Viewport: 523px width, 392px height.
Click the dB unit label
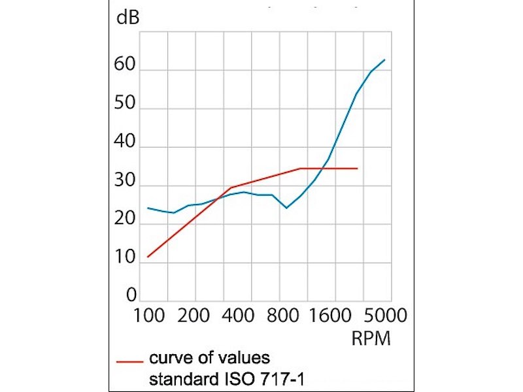(x=127, y=18)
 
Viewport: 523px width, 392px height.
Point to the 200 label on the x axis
(x=194, y=316)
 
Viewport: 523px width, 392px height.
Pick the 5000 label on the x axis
(x=385, y=316)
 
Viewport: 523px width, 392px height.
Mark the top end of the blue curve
(x=384, y=59)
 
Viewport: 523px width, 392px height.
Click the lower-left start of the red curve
(x=148, y=257)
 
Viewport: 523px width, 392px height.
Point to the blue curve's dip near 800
(x=286, y=208)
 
